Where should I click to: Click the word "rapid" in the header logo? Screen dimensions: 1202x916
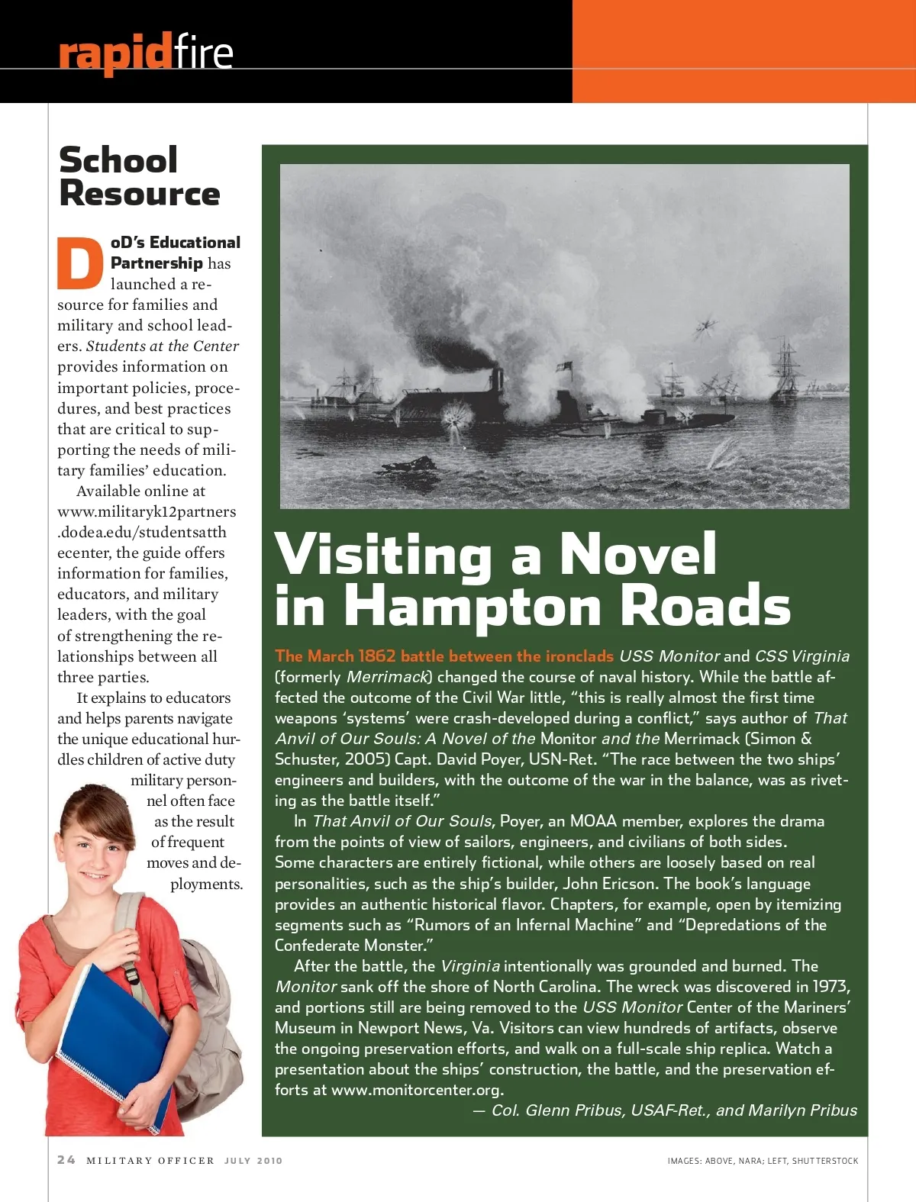tap(114, 53)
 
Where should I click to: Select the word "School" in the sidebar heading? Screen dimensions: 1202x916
tap(118, 160)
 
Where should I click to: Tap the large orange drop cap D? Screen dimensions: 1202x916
tap(80, 263)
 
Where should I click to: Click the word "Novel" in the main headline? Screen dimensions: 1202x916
tap(638, 553)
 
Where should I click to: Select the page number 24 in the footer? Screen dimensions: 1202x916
tap(66, 1160)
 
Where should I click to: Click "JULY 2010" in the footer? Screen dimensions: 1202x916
tap(253, 1161)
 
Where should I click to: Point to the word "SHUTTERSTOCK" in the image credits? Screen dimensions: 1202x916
tap(825, 1161)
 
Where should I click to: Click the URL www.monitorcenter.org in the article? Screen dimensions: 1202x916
tap(417, 1090)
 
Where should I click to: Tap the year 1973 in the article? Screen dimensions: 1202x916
tap(831, 987)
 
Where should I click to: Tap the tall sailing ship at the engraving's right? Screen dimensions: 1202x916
tap(786, 370)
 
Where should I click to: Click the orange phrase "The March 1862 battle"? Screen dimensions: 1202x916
tap(336, 656)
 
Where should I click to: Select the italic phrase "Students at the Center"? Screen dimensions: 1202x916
tap(163, 346)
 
